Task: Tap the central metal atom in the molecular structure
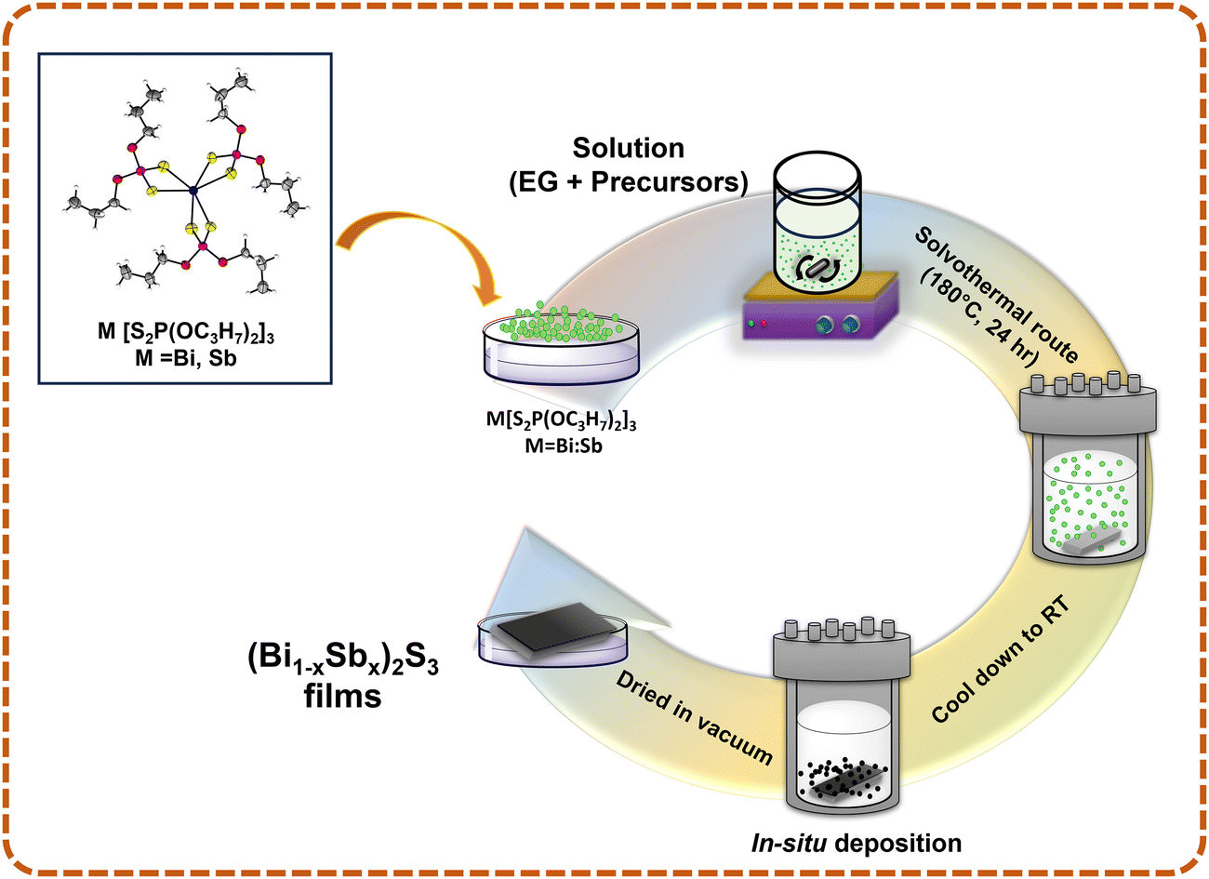(193, 191)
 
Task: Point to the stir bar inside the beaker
(816, 269)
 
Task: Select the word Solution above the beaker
(628, 148)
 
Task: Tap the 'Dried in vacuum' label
(694, 716)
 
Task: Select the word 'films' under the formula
(342, 696)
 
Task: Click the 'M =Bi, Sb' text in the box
(186, 356)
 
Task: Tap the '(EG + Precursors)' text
(628, 182)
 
